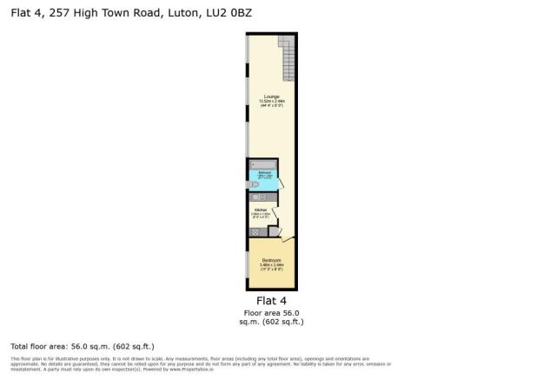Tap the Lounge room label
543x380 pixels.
[271, 97]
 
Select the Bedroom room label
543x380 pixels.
[271, 260]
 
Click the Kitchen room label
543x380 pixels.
[260, 210]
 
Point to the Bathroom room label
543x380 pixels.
[265, 173]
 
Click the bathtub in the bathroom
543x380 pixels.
[262, 163]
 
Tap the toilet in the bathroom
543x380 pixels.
[255, 185]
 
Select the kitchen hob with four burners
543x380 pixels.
[255, 231]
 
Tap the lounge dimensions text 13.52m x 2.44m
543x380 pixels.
[271, 102]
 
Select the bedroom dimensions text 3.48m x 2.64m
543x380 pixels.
[271, 265]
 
